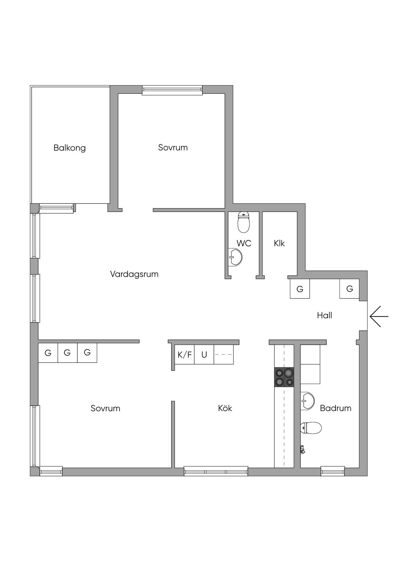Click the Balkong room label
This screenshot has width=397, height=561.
click(70, 148)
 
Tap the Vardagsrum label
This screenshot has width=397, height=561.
click(134, 274)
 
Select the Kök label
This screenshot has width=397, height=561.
click(225, 408)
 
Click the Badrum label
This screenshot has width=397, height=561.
click(336, 408)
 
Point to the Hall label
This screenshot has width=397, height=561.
click(324, 315)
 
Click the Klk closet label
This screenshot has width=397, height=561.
click(279, 243)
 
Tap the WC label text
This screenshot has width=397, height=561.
click(244, 243)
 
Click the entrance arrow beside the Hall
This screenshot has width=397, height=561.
click(379, 316)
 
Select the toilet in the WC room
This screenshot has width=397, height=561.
click(243, 222)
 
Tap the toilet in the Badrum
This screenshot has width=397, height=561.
click(311, 428)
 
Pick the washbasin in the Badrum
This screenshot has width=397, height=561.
click(307, 401)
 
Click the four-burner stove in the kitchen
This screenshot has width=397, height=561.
click(284, 377)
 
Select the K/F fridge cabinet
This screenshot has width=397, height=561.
click(185, 354)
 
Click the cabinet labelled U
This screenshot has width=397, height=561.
click(204, 354)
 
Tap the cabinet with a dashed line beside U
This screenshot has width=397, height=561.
click(224, 354)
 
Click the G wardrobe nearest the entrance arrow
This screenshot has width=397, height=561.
click(349, 289)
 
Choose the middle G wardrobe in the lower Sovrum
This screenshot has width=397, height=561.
click(68, 353)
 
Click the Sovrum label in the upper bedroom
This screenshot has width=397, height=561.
click(173, 148)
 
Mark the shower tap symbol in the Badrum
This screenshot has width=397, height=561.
click(303, 450)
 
